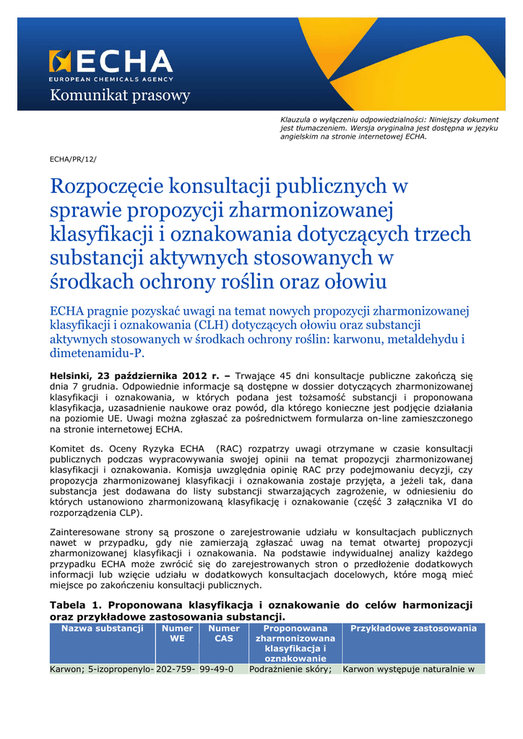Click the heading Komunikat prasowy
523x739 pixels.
point(119,95)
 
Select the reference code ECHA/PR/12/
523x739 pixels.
point(72,158)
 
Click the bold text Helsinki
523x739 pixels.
point(72,376)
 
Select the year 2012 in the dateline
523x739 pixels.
point(194,376)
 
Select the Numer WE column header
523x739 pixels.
point(177,634)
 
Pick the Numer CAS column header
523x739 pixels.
point(224,634)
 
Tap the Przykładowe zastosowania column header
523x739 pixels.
point(413,629)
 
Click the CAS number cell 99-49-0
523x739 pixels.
point(217,669)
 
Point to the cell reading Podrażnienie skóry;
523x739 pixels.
point(290,669)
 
